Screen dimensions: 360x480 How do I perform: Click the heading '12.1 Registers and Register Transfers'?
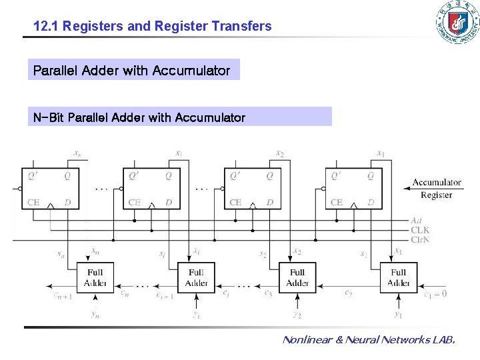click(153, 27)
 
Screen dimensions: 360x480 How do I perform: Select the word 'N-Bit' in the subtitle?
click(49, 118)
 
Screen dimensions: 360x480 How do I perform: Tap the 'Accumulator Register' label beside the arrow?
click(436, 189)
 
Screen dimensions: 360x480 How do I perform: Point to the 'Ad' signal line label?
click(416, 221)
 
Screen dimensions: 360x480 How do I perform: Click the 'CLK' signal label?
click(419, 230)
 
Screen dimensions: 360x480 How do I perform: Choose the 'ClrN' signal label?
click(420, 239)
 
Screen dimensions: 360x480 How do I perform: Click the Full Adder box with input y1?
click(398, 277)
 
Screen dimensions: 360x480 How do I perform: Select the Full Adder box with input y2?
click(297, 277)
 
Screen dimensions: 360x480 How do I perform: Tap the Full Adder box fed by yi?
click(196, 277)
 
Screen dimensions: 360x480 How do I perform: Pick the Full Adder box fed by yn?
click(95, 277)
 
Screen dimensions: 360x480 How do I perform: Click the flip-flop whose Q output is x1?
click(353, 189)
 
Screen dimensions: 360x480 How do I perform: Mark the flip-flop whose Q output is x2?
click(252, 189)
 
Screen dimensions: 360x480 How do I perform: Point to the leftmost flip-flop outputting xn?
click(50, 189)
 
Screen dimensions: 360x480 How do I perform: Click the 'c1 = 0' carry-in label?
click(435, 293)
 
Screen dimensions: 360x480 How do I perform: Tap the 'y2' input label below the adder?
click(297, 314)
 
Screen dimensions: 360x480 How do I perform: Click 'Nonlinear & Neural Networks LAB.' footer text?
click(369, 340)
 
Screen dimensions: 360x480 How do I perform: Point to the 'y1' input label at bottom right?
click(398, 314)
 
